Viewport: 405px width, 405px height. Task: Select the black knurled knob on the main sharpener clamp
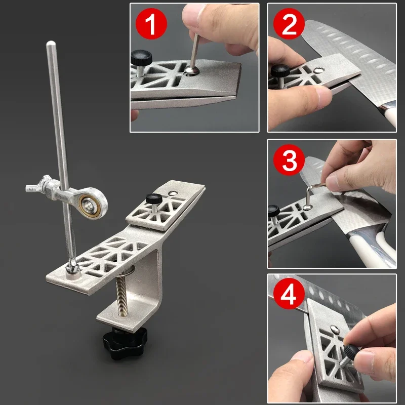point(151,198)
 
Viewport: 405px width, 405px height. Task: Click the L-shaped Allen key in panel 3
point(313,195)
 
